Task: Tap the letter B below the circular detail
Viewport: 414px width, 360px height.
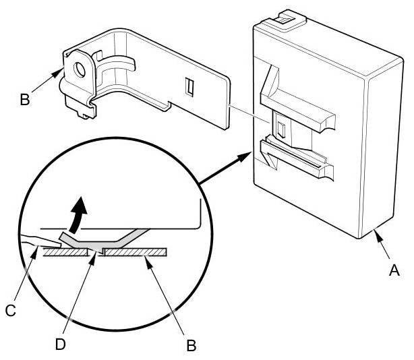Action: [x=191, y=346]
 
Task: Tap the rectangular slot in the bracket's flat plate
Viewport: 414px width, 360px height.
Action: [x=189, y=87]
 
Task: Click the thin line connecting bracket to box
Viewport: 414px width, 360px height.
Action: [x=249, y=113]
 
